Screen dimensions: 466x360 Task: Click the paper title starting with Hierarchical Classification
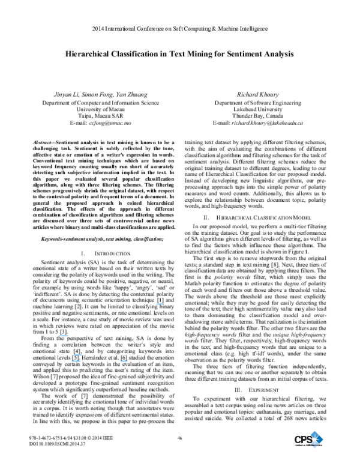tap(179, 53)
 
